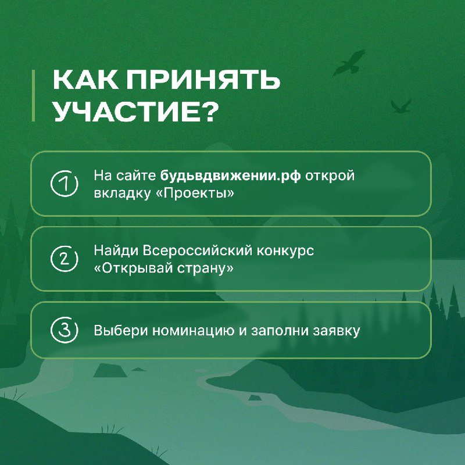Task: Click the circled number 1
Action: pyautogui.click(x=64, y=184)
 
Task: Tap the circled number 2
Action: pyautogui.click(x=64, y=259)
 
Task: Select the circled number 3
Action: pyautogui.click(x=64, y=330)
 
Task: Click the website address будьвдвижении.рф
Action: pyautogui.click(x=230, y=176)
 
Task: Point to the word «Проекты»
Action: pyautogui.click(x=195, y=194)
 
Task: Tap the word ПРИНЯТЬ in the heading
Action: pyautogui.click(x=203, y=80)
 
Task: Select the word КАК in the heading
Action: pyautogui.click(x=86, y=80)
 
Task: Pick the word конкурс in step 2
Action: pyautogui.click(x=285, y=251)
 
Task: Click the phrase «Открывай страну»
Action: pyautogui.click(x=164, y=269)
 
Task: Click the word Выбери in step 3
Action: pyautogui.click(x=121, y=330)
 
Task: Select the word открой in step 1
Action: pyautogui.click(x=330, y=176)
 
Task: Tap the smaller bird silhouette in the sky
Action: pyautogui.click(x=401, y=106)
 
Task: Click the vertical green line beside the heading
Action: pyautogui.click(x=33, y=95)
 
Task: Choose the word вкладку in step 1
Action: pyautogui.click(x=122, y=194)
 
